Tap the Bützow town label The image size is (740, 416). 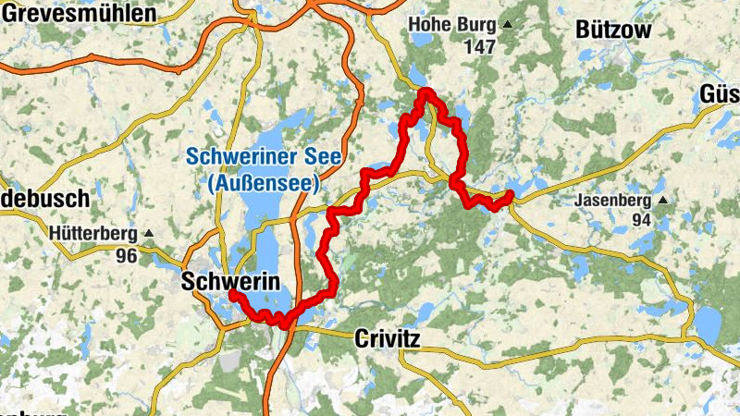[613, 31]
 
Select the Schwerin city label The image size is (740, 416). [231, 278]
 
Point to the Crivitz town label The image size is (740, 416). [387, 340]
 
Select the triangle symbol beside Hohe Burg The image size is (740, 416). [508, 25]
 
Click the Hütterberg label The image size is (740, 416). [95, 235]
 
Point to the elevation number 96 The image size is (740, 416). [127, 255]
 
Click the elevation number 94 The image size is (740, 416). [643, 220]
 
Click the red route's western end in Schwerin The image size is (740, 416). [231, 294]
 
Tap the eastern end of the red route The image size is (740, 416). [511, 193]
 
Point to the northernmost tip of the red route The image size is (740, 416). [425, 91]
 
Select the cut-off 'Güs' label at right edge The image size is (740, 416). [720, 94]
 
